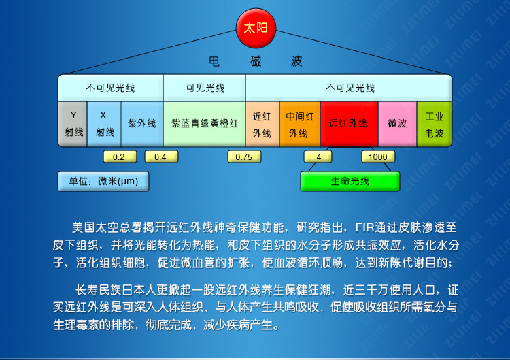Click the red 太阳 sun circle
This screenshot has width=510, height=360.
coord(256,28)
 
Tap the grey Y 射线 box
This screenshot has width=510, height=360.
coord(73,124)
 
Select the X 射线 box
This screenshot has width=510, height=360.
coord(104,124)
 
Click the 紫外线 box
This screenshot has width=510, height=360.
coord(142,124)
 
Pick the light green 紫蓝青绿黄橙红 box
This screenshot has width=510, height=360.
coord(204,124)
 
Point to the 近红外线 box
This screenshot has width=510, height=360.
coord(262,124)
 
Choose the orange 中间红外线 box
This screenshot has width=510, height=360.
coord(300,124)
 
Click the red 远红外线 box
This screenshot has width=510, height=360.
coord(349,124)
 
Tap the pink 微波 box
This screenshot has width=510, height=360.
coord(397,124)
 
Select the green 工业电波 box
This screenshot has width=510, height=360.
coord(435,124)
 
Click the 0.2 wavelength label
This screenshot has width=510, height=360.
coord(120,157)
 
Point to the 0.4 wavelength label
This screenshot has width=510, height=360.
coord(161,157)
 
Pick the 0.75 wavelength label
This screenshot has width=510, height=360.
coord(244,157)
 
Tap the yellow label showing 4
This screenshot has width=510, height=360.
coord(318,157)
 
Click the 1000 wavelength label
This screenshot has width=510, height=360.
coord(378,157)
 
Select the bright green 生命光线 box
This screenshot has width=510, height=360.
coord(350,181)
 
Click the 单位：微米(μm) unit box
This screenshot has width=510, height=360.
coord(103,181)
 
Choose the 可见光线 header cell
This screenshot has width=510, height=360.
coord(204,88)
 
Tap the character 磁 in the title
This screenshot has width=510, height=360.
coord(256,61)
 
